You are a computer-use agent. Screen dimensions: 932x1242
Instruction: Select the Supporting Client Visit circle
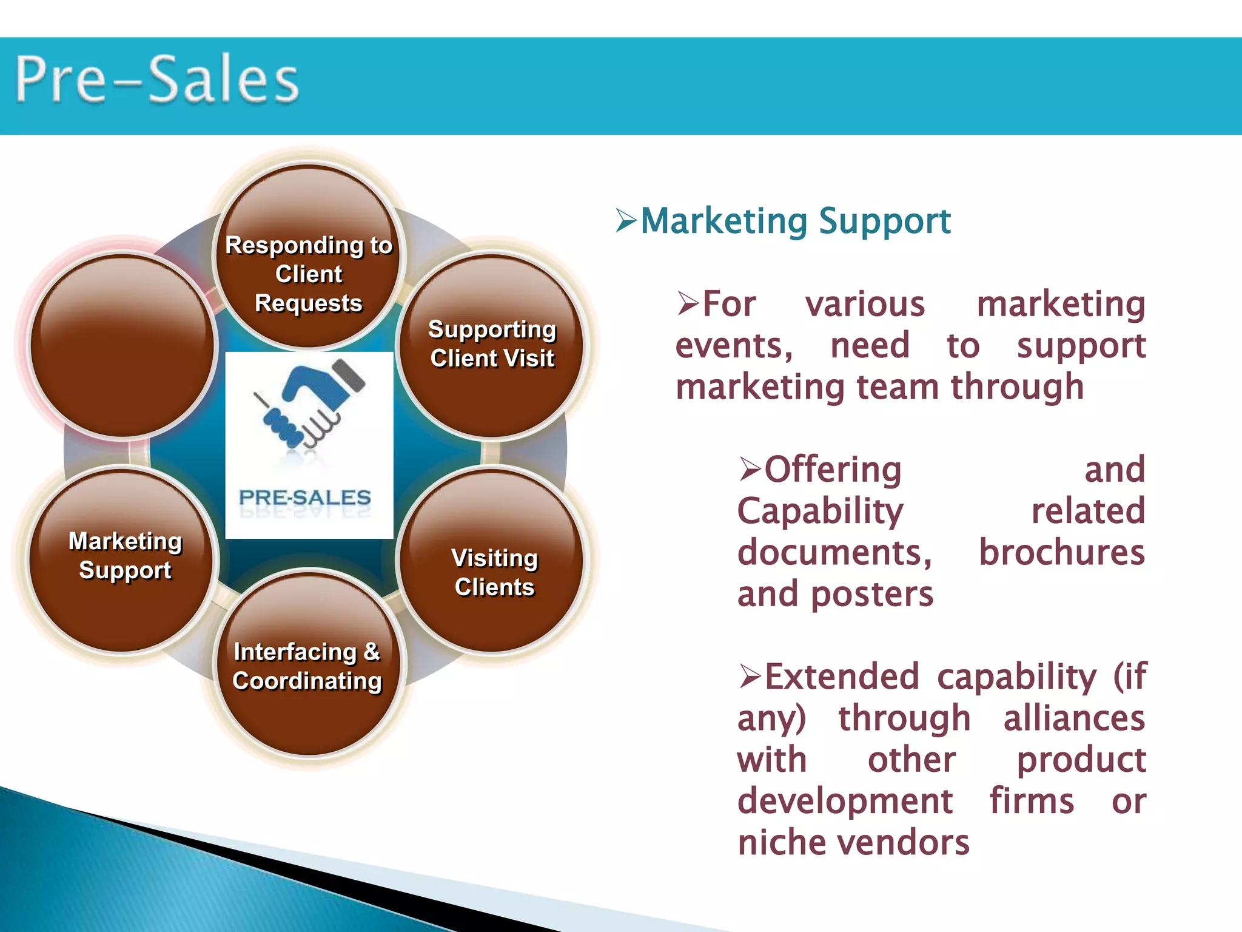[x=492, y=345]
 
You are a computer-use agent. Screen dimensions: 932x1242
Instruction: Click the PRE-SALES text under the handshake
[x=304, y=498]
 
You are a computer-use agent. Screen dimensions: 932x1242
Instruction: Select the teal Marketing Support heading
[x=795, y=221]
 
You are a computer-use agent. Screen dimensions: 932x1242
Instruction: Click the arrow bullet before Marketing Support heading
[x=626, y=220]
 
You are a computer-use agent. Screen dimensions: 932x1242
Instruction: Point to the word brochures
[x=1062, y=553]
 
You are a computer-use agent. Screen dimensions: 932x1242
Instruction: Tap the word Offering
[x=833, y=470]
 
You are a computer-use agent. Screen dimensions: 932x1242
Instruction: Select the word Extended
[x=842, y=677]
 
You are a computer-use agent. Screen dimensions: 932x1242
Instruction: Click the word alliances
[x=1074, y=718]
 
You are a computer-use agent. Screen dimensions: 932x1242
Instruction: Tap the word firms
[x=1032, y=802]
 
